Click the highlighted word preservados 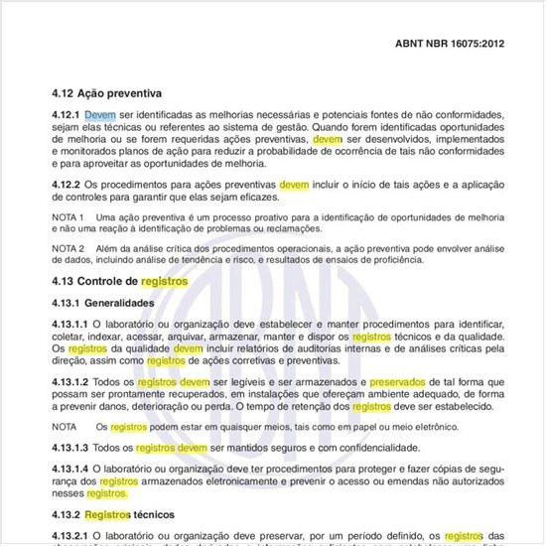click(x=409, y=381)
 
